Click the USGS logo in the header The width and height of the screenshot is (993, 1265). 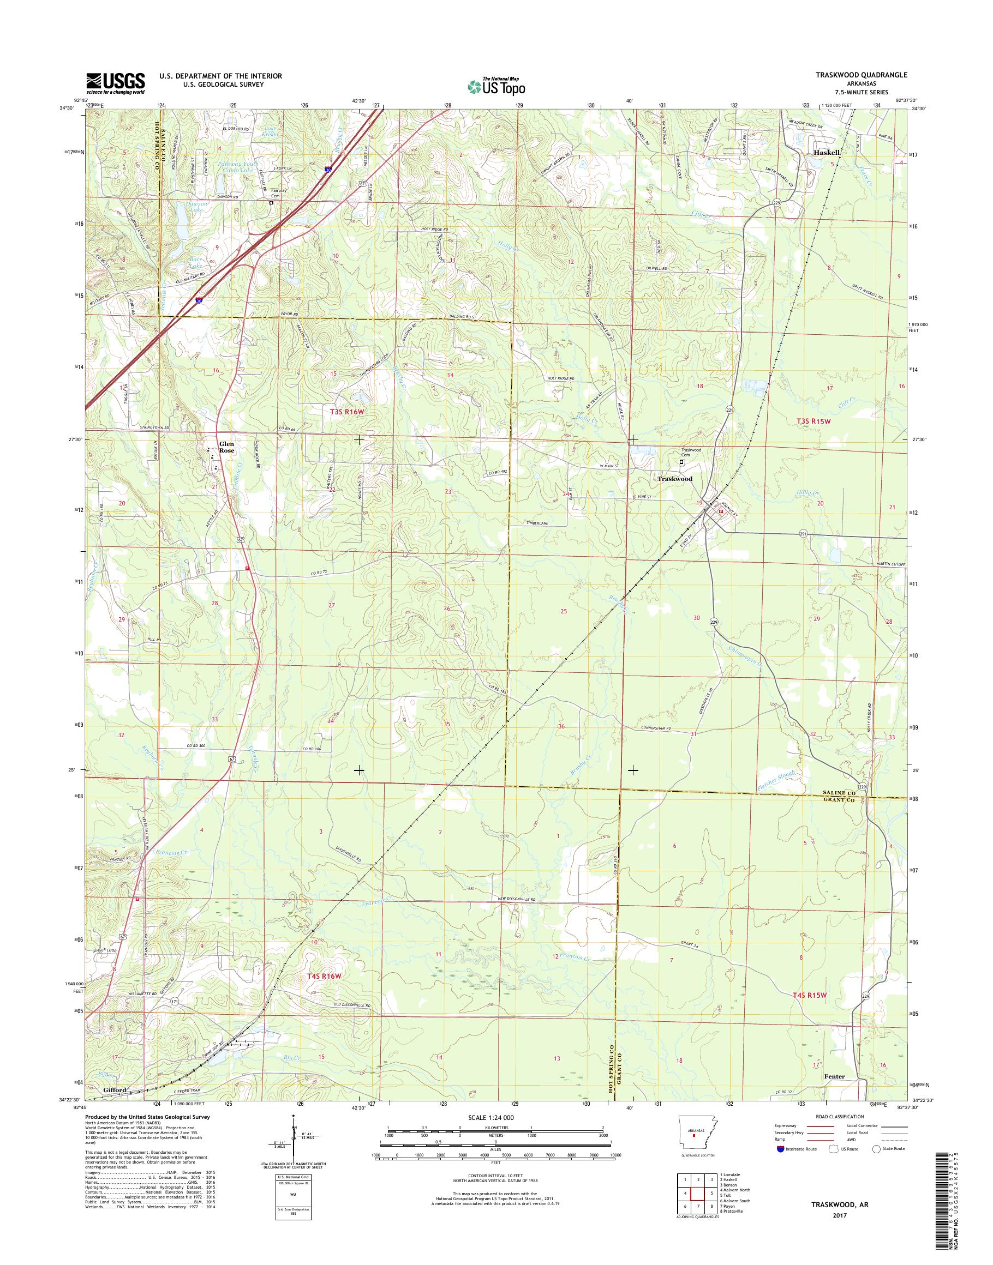pyautogui.click(x=116, y=83)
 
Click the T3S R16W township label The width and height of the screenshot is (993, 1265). pyautogui.click(x=347, y=412)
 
